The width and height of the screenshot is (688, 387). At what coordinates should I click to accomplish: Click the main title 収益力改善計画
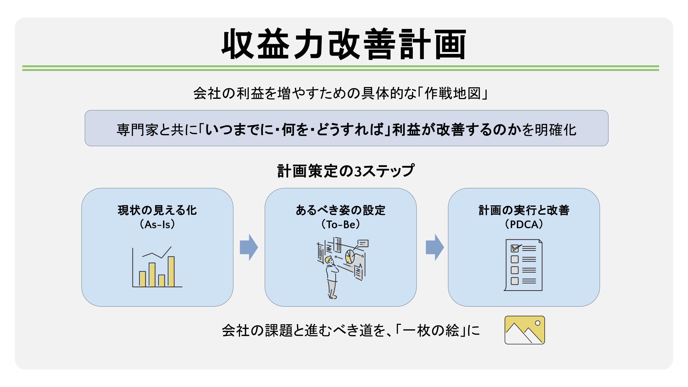point(344,44)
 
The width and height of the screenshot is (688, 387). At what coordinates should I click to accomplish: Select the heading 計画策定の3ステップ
point(346,171)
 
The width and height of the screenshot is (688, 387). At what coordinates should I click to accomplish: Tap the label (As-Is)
point(157,225)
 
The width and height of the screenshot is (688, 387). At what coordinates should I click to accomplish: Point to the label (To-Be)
point(341,225)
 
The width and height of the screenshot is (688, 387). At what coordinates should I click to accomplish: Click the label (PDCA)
point(524,225)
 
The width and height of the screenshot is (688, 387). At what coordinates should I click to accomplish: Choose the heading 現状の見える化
point(157,210)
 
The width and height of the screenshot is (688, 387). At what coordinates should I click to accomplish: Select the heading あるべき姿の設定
point(341,210)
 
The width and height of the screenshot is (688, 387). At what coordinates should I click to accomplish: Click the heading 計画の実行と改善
point(524,210)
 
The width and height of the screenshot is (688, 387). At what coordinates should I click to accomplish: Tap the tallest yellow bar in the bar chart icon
point(171,272)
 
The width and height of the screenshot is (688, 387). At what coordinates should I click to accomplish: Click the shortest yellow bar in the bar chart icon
point(162,281)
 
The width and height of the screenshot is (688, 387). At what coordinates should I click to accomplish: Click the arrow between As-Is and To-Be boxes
point(249,247)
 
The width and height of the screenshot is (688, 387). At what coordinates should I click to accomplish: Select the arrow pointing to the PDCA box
point(435,247)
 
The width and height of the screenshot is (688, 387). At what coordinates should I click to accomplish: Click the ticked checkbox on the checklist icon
point(515,248)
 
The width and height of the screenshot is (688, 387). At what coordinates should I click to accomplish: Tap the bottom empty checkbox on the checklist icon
point(515,281)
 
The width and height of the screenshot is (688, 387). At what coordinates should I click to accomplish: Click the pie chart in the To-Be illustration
point(350,256)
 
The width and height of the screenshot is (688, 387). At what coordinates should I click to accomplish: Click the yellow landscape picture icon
point(525,330)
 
